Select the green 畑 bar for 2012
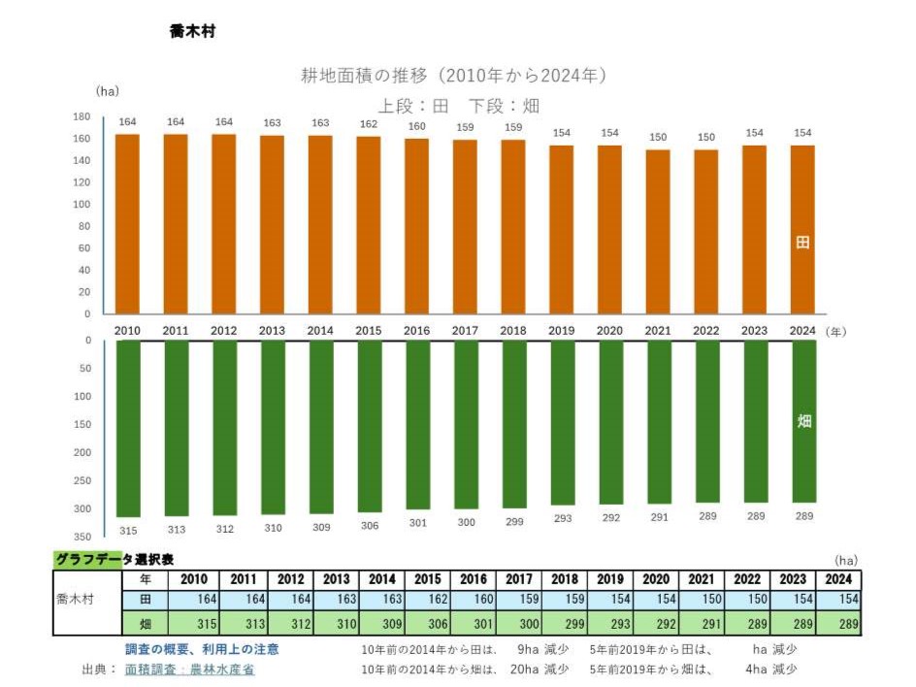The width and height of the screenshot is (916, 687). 224,427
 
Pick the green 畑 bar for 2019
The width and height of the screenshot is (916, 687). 562,422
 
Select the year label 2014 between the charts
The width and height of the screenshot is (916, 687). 320,331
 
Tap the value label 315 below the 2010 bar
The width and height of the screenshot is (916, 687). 128,531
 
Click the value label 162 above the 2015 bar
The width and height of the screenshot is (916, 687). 368,124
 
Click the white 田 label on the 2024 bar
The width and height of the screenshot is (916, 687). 802,243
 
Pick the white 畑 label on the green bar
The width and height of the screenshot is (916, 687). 803,422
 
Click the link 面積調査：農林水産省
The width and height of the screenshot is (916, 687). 189,670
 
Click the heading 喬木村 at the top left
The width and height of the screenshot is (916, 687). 191,31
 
